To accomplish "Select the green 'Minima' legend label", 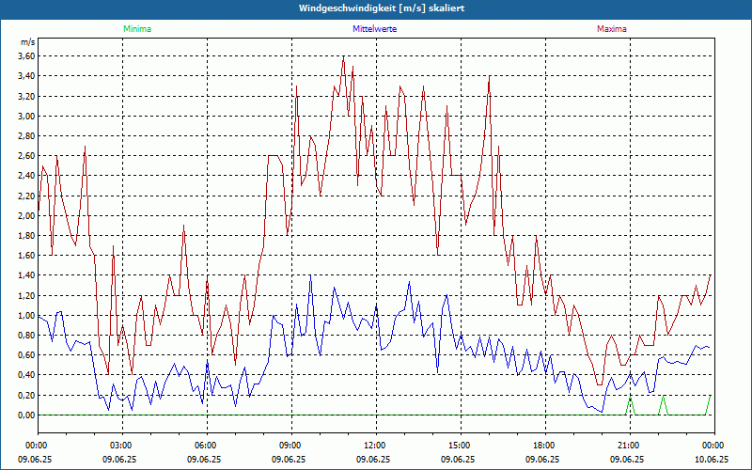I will (x=136, y=29).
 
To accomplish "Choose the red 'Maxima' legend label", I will (x=612, y=29).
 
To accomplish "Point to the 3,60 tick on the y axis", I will (x=25, y=56).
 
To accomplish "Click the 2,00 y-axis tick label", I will (x=25, y=216).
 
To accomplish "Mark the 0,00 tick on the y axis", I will (x=25, y=415).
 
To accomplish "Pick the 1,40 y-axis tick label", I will (x=25, y=275).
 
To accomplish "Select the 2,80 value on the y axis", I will (x=25, y=136).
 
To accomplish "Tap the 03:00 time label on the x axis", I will (x=121, y=445).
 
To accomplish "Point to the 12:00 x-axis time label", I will (x=374, y=445).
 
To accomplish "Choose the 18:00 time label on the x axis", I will (x=543, y=445).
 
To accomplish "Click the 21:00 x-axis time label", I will (x=628, y=445).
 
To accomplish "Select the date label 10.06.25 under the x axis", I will (x=712, y=460).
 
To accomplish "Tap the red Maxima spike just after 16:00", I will (x=490, y=77).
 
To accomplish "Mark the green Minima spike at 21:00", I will (x=630, y=398).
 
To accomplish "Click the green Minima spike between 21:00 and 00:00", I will (x=664, y=398).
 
